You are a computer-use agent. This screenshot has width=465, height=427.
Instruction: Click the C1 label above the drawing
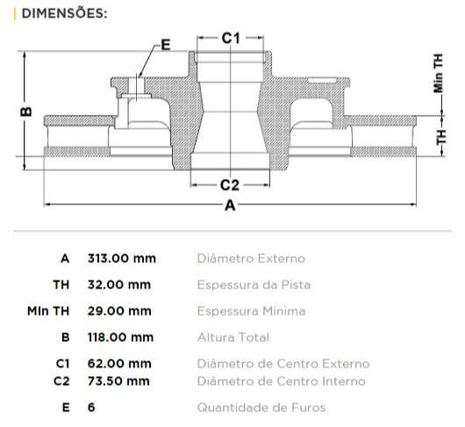tap(230, 38)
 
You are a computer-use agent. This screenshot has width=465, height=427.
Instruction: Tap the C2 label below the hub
tap(230, 184)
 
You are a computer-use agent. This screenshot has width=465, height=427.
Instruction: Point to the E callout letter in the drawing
tap(165, 45)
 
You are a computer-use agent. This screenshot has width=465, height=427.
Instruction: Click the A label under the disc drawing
tap(230, 206)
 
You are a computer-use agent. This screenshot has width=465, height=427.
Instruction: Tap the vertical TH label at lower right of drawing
tap(440, 137)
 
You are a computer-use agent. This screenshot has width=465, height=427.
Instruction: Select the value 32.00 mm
tap(118, 285)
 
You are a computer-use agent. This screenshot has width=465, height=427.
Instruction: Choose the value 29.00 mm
tap(118, 311)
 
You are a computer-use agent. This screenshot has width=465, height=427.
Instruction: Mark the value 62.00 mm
tap(118, 363)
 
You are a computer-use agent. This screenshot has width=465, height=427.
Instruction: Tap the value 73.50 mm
tap(118, 381)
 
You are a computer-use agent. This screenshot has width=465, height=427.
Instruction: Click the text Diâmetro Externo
tap(251, 259)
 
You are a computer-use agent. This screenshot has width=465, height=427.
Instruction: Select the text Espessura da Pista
tap(254, 285)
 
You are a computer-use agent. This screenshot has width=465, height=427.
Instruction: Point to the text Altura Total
tap(232, 338)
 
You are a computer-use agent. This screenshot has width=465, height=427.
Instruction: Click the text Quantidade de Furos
tap(261, 408)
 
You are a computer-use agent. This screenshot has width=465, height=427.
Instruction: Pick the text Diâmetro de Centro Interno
tap(281, 381)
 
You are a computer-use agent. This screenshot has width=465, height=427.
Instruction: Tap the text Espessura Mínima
tap(251, 311)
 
